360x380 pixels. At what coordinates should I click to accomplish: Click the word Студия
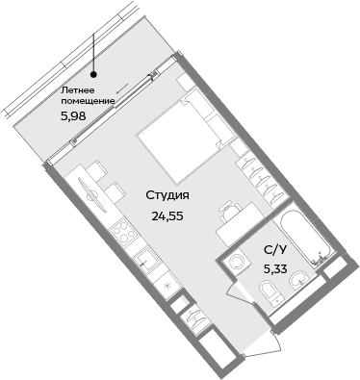[x=167, y=196]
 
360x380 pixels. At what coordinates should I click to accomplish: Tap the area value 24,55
[x=167, y=215]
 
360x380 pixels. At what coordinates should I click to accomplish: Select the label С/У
[x=275, y=249]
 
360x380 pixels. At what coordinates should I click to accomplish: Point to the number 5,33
[x=277, y=267]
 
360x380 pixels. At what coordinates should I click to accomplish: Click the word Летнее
[x=77, y=89]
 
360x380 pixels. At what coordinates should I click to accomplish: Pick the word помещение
[x=87, y=101]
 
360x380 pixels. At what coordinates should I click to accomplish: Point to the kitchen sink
[x=144, y=258]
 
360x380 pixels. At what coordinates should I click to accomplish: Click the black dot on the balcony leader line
[x=93, y=72]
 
